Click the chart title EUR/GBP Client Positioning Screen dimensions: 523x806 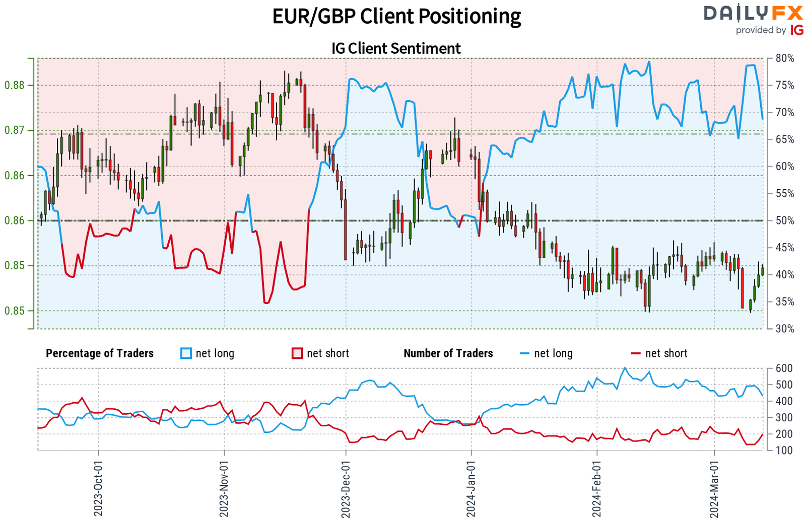coord(396,16)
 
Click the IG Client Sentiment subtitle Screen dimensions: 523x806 coord(396,48)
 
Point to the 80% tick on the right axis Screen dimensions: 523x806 coord(785,58)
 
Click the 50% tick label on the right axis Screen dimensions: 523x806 coord(785,220)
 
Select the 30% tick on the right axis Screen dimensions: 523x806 coord(785,329)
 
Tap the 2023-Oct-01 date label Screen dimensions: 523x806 coord(98,488)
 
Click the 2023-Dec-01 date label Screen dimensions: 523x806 coord(346,488)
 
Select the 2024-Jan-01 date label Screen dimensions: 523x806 coord(471,488)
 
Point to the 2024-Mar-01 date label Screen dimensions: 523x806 coord(714,488)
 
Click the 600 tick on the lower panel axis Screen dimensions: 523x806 coord(784,368)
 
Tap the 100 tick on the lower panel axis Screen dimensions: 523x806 coord(784,451)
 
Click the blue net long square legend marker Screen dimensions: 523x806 coord(186,353)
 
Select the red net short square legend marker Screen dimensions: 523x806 coord(297,353)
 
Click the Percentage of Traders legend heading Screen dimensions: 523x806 coord(100,353)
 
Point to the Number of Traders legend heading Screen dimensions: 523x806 coord(448,353)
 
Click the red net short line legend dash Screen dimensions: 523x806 coord(636,353)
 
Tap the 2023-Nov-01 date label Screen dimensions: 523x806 coord(224,488)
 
